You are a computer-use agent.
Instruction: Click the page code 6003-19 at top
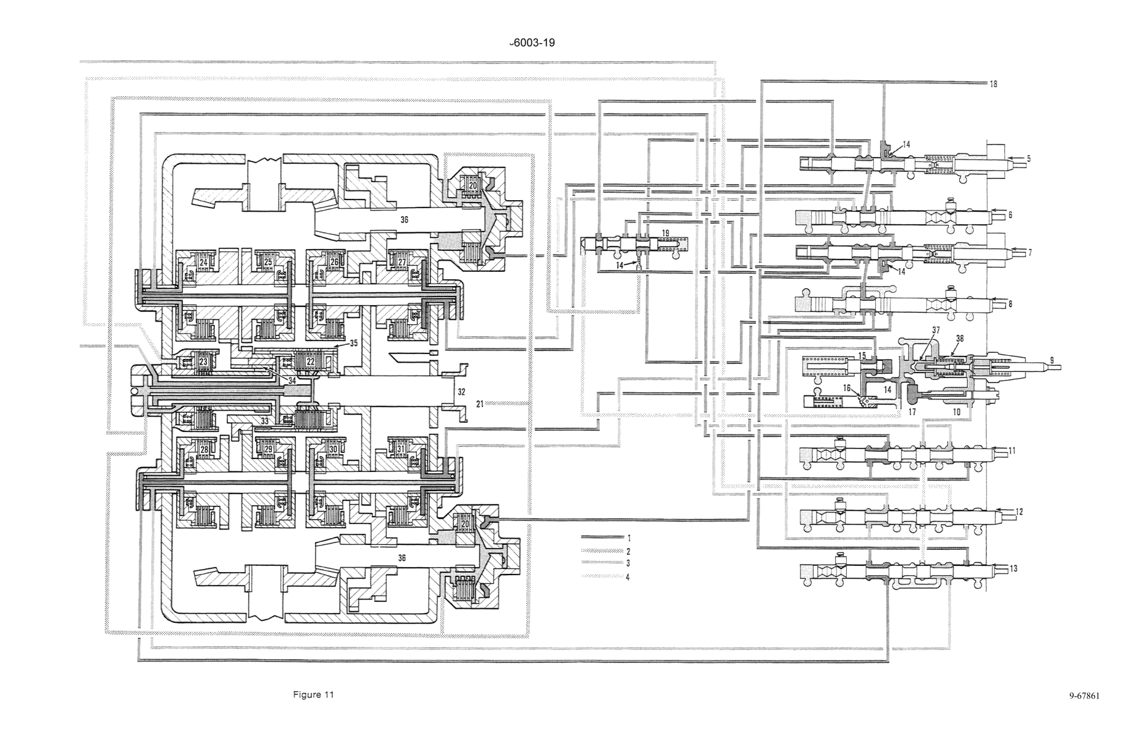532,43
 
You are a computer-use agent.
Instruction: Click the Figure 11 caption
313,694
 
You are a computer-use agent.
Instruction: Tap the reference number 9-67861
1085,696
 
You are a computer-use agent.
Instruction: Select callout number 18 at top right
993,84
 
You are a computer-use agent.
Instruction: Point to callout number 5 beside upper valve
1028,158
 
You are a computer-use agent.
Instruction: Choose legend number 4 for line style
628,577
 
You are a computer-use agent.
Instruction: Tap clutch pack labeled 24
203,262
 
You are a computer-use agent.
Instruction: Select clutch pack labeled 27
403,262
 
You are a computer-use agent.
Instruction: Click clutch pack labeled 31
401,449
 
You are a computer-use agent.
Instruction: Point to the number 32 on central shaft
460,391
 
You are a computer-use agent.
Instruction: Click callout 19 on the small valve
665,233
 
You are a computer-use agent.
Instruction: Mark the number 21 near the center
479,403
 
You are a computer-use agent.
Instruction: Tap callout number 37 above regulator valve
937,331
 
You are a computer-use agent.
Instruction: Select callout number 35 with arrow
353,343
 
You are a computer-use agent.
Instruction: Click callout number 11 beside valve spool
1012,451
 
